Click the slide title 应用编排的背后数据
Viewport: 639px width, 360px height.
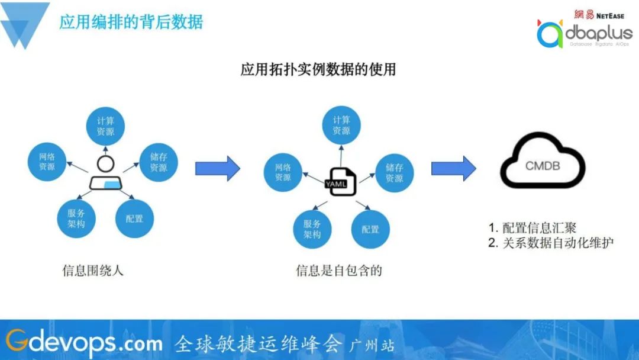(x=131, y=22)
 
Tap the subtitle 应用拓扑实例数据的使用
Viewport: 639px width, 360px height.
(x=318, y=69)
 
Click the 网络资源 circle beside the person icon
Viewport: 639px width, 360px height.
(x=47, y=162)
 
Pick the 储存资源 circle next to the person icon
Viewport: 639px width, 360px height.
(x=159, y=162)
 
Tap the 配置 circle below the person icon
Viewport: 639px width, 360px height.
(x=134, y=218)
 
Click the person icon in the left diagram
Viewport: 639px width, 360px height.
(x=105, y=175)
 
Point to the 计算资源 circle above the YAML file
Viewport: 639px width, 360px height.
(x=341, y=126)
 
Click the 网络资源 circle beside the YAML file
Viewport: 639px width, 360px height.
(x=282, y=172)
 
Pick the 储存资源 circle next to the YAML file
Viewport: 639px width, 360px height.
(x=395, y=172)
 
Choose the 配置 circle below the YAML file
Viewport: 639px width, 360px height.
(x=370, y=229)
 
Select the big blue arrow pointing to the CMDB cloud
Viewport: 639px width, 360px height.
(x=453, y=169)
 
